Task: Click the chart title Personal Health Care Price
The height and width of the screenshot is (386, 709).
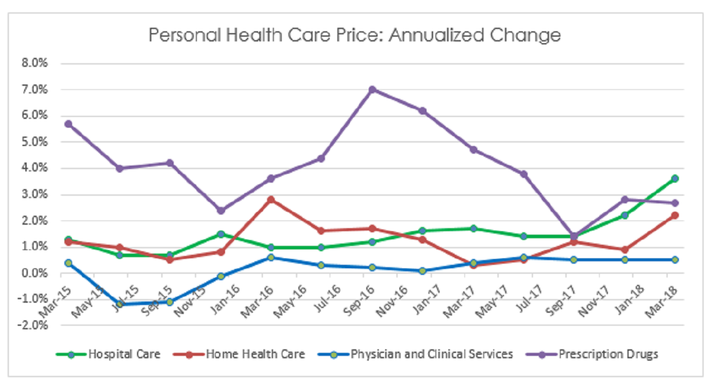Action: click(x=354, y=35)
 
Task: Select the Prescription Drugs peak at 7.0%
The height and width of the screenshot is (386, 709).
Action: click(x=372, y=89)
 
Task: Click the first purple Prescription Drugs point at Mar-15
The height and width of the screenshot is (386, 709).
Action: click(x=69, y=124)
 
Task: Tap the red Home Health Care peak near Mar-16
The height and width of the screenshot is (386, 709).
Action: click(x=271, y=199)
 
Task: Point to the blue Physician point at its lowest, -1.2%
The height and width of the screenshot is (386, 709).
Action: click(x=119, y=304)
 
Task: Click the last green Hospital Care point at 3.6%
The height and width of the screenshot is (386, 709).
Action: click(x=675, y=178)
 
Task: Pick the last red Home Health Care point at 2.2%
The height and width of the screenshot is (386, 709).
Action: click(x=675, y=215)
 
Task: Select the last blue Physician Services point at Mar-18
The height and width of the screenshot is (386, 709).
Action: click(x=675, y=260)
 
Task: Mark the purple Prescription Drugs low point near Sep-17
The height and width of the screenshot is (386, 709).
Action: click(x=574, y=236)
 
